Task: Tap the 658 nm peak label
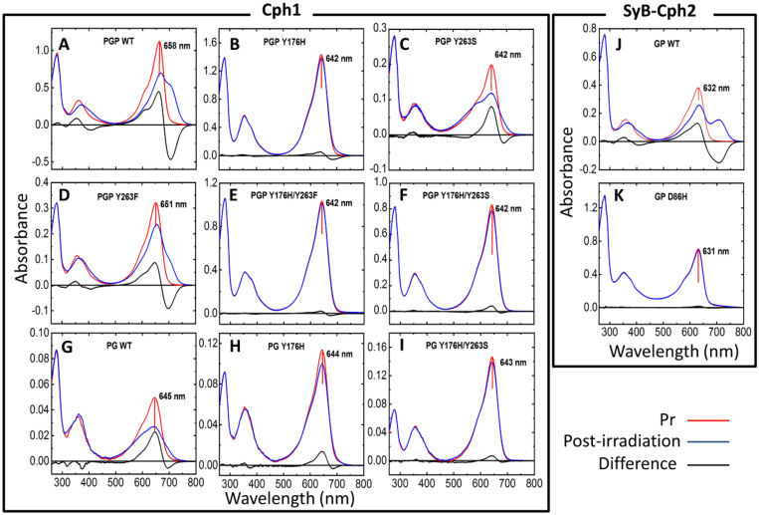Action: click(x=181, y=44)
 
